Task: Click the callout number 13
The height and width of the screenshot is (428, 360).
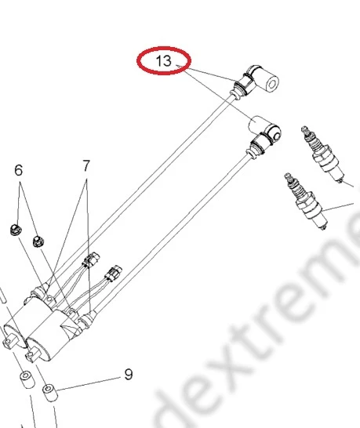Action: click(x=163, y=60)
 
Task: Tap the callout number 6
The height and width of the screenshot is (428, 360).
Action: click(x=19, y=170)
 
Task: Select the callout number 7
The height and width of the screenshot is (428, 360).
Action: click(x=86, y=165)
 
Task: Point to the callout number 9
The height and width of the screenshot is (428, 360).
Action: click(x=129, y=375)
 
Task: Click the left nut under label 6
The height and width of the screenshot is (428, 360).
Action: click(x=13, y=230)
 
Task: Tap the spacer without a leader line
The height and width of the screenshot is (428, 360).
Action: click(x=24, y=382)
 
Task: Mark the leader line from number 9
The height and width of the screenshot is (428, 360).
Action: click(x=90, y=381)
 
